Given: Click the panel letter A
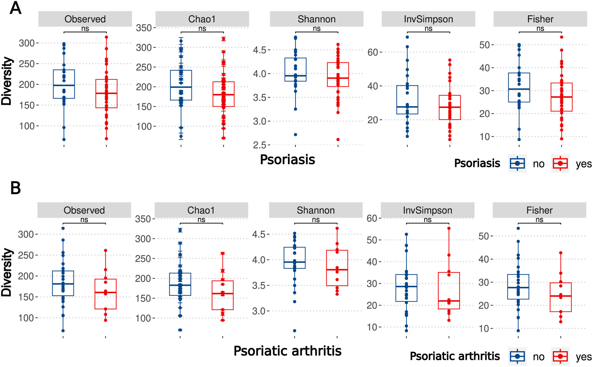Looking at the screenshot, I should (15, 8).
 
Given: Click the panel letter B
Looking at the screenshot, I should (15, 188).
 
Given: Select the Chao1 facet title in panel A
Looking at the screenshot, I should (202, 19).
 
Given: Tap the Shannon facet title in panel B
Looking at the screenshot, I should (315, 210).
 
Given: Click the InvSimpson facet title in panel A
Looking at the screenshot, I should (428, 19).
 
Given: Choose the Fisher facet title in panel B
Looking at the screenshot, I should (539, 210).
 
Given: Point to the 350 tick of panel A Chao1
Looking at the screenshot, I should (144, 28).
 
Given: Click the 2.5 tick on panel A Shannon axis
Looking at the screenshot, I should (260, 145).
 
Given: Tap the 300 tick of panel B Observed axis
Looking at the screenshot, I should (26, 234).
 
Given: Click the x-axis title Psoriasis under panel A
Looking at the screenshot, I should (287, 160).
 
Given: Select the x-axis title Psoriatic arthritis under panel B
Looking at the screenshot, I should (287, 351).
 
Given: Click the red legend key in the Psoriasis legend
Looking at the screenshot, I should (560, 164).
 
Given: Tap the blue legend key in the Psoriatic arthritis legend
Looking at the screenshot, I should (517, 357).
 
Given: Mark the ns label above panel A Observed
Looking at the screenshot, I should (85, 29).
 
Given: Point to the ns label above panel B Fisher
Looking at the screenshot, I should (539, 220).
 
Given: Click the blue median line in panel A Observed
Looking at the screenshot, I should (64, 85).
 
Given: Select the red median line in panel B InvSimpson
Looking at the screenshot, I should (449, 301).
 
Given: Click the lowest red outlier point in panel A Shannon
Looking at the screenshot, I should (338, 140).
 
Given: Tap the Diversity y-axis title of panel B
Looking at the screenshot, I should (7, 272).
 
